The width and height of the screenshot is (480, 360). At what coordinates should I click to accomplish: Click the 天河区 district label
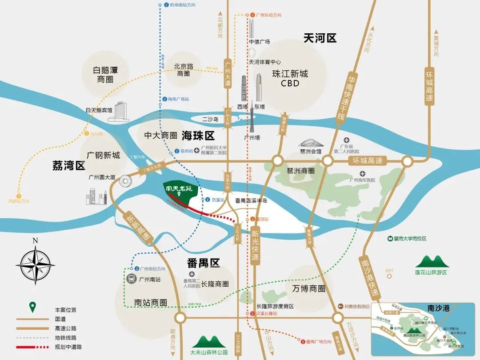[x=320, y=39]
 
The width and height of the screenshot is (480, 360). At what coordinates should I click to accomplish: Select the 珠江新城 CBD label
[x=290, y=78]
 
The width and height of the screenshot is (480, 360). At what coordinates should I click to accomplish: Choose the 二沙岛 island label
[x=210, y=120]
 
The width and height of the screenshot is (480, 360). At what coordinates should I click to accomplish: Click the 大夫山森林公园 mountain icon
[x=208, y=341]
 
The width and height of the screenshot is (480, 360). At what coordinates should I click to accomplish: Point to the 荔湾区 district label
[x=68, y=166]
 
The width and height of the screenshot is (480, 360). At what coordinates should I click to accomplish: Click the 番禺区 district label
[x=204, y=263]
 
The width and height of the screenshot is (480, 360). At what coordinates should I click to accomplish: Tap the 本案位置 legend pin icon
[x=32, y=307]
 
